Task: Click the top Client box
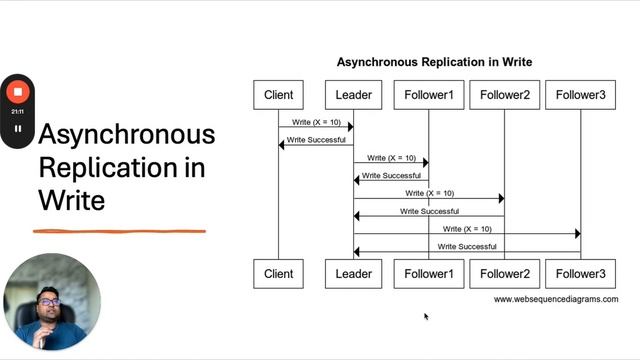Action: click(x=278, y=95)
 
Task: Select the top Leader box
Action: click(x=353, y=95)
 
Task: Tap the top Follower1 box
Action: click(x=429, y=95)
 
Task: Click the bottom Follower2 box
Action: click(x=505, y=274)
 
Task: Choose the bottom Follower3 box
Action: click(x=581, y=274)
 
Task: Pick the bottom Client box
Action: click(x=278, y=274)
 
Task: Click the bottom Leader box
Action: click(x=353, y=274)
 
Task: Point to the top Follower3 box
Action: click(x=581, y=95)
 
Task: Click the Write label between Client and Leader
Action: click(x=316, y=122)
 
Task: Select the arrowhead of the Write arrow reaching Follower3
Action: click(x=577, y=234)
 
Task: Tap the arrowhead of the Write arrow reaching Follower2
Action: click(x=501, y=199)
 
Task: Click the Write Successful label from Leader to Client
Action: click(x=316, y=140)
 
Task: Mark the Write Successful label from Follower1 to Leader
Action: click(x=391, y=175)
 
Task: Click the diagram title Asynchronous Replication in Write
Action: click(x=434, y=62)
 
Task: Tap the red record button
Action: click(x=17, y=92)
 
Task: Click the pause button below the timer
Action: click(x=17, y=129)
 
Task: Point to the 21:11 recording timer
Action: click(x=17, y=112)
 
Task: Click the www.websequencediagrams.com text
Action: click(x=555, y=299)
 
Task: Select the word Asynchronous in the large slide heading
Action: click(x=126, y=134)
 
